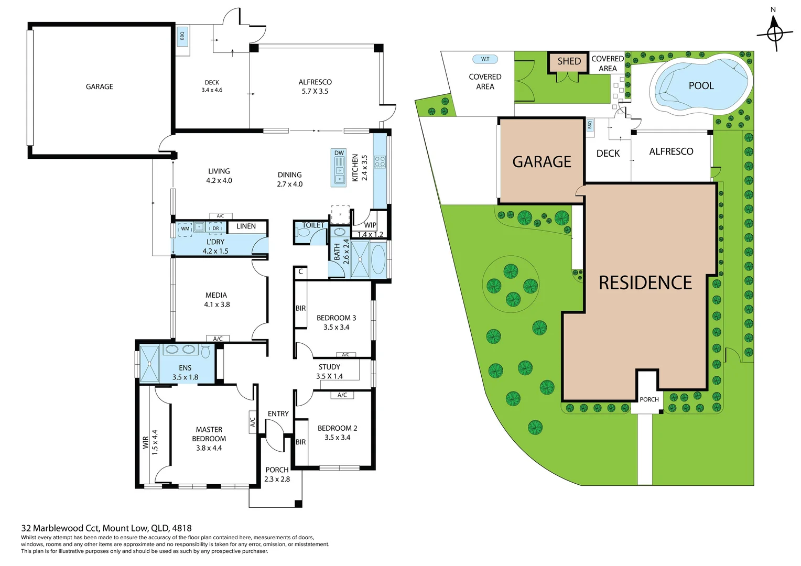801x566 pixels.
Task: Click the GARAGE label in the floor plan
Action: tap(99, 86)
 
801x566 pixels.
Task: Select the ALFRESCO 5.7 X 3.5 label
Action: tap(315, 86)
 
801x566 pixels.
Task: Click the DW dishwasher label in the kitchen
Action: tap(339, 153)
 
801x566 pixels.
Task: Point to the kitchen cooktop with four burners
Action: tap(380, 161)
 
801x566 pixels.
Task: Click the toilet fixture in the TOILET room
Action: tap(304, 232)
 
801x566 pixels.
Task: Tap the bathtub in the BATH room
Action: tap(378, 259)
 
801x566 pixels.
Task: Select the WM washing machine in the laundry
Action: tap(185, 228)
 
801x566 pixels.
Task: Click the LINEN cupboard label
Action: tap(246, 226)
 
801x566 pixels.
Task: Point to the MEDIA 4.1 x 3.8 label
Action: tap(217, 300)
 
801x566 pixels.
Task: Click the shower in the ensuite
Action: tap(149, 364)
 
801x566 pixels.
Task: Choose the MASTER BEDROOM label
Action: tap(209, 439)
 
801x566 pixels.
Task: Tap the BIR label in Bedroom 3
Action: tap(300, 308)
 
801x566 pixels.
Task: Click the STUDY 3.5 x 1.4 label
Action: tap(329, 372)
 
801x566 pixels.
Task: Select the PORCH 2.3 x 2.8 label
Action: tap(277, 474)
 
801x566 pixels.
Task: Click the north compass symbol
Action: tap(774, 32)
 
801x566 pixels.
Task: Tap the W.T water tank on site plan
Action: tap(485, 59)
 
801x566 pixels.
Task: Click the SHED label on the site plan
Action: tap(569, 61)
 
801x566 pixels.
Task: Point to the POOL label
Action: tap(701, 86)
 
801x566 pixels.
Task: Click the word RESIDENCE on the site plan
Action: tap(645, 283)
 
